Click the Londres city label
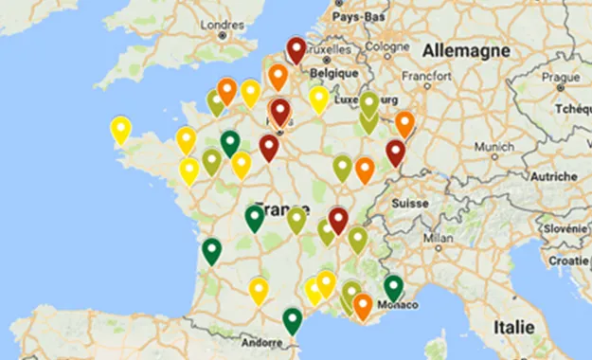(x=223, y=24)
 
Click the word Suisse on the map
(x=410, y=203)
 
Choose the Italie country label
(x=512, y=326)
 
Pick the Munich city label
(x=494, y=147)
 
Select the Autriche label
(x=552, y=176)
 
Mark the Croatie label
(x=569, y=260)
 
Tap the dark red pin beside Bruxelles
(x=296, y=50)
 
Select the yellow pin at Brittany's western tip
(x=120, y=129)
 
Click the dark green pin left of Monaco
(x=393, y=287)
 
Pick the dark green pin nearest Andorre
(x=293, y=320)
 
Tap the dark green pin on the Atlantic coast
(x=211, y=251)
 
